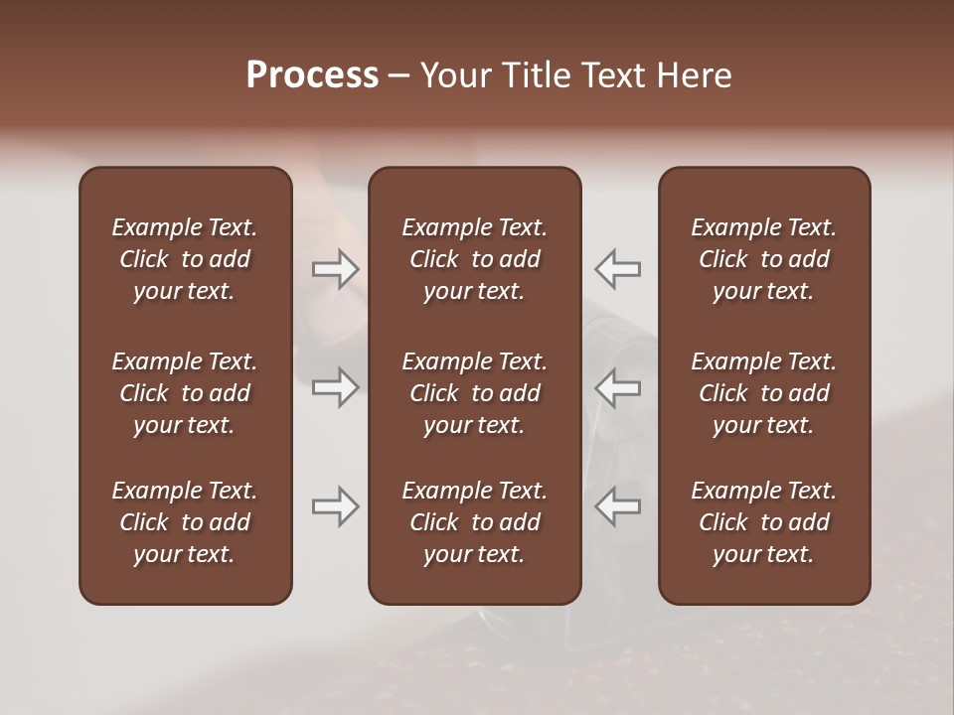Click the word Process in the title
click(x=312, y=75)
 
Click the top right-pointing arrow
click(x=335, y=269)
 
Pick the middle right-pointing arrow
click(x=335, y=387)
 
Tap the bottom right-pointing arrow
click(x=335, y=506)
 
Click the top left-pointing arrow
click(x=618, y=269)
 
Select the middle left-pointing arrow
click(x=618, y=387)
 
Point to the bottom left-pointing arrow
click(x=618, y=506)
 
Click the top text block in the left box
click(x=185, y=259)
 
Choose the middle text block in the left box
click(x=185, y=393)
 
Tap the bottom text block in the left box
click(x=185, y=522)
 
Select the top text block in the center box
click(x=474, y=259)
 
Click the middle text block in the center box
click(x=474, y=393)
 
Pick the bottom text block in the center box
click(x=474, y=522)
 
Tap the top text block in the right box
click(x=764, y=259)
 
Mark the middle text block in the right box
click(x=764, y=393)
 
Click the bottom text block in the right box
click(x=764, y=522)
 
